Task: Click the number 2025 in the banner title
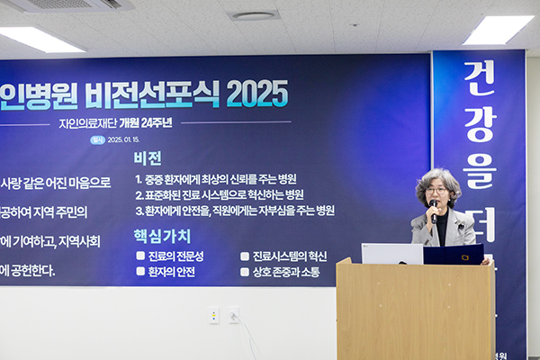coord(257,94)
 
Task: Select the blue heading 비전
coord(148,158)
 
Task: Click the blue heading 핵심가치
coord(162,236)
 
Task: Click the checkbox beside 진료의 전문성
coord(140,256)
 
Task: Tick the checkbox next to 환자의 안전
coord(140,271)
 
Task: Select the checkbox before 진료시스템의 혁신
coord(245,256)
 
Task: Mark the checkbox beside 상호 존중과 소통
coord(245,271)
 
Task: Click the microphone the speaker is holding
coord(434,211)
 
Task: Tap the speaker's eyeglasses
coord(437,191)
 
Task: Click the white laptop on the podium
coord(392,253)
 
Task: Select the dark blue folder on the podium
coord(454,254)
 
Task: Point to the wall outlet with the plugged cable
coord(233,315)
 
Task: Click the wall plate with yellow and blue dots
coord(214,315)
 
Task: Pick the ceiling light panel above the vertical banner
coord(498,29)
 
